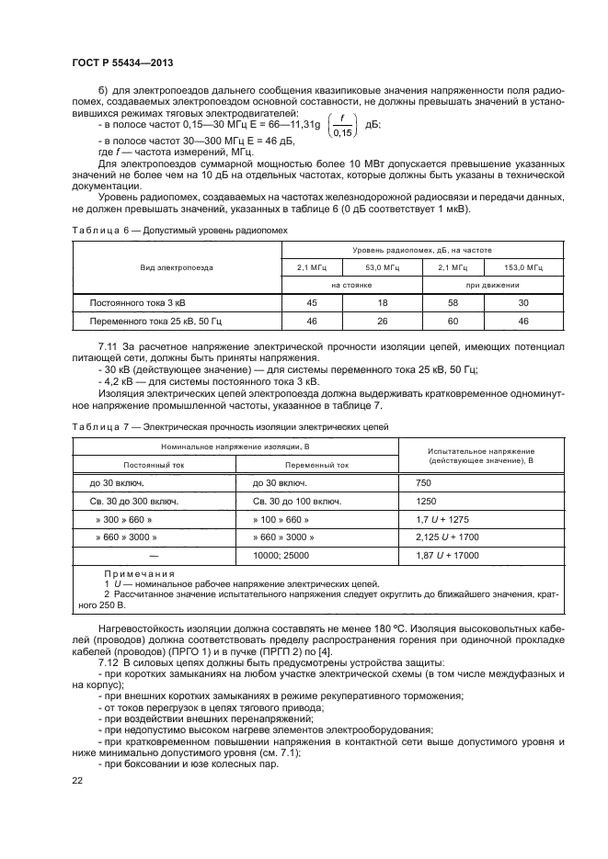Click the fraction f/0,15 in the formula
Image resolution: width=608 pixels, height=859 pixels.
(341, 125)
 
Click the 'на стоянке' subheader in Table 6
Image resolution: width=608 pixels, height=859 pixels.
(350, 284)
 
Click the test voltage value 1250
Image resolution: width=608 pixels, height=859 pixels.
(426, 502)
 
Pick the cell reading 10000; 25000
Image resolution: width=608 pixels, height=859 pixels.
(281, 555)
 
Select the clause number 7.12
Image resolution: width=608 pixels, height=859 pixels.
(109, 662)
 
